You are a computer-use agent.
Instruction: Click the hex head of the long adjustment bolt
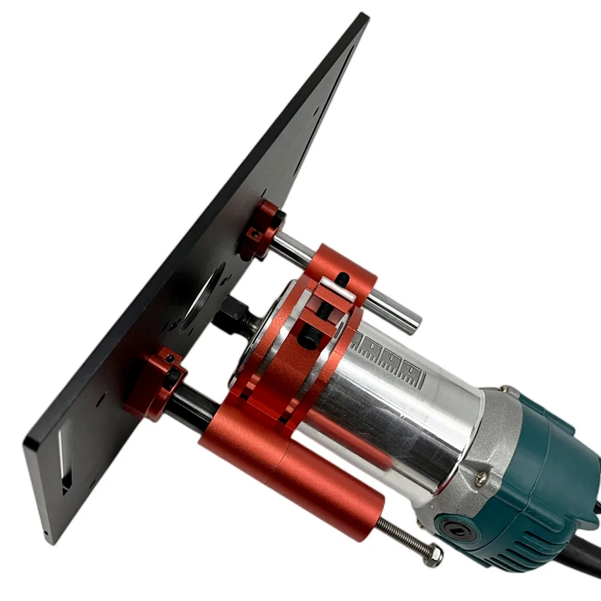tap(432, 556)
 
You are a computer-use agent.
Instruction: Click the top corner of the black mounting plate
tap(362, 16)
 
